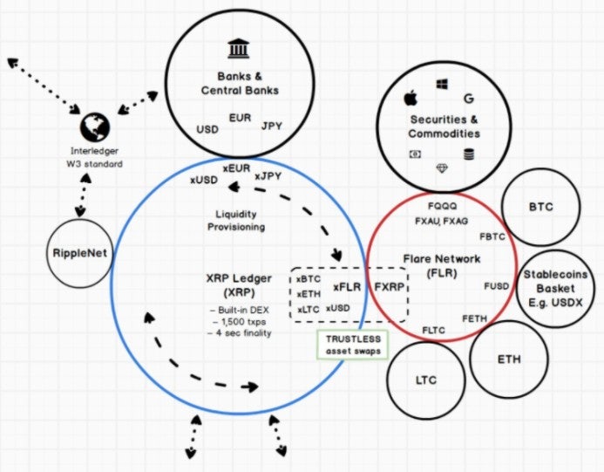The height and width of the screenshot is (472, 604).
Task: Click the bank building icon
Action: pyautogui.click(x=239, y=49)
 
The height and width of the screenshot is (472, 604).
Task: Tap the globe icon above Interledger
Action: pyautogui.click(x=95, y=127)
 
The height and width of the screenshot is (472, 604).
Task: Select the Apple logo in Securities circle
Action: pyautogui.click(x=411, y=99)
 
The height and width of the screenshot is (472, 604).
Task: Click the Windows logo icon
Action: pyautogui.click(x=442, y=84)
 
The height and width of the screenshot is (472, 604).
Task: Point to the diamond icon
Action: pyautogui.click(x=442, y=168)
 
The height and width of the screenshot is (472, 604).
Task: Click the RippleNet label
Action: pyautogui.click(x=79, y=253)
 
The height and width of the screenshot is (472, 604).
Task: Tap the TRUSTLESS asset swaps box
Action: pyautogui.click(x=352, y=345)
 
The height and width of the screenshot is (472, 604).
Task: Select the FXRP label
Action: pyautogui.click(x=390, y=287)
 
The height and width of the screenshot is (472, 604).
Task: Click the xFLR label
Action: pyautogui.click(x=347, y=287)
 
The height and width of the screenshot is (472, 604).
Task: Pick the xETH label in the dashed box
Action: pyautogui.click(x=309, y=294)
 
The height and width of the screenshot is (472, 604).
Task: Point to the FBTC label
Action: pyautogui.click(x=492, y=236)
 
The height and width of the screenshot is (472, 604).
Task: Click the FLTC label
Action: pyautogui.click(x=433, y=330)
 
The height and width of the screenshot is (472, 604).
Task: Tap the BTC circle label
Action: pyautogui.click(x=541, y=207)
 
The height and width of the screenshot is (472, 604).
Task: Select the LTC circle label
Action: pyautogui.click(x=426, y=380)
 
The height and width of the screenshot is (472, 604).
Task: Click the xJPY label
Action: pyautogui.click(x=268, y=176)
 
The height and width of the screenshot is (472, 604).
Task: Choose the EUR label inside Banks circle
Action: pyautogui.click(x=240, y=118)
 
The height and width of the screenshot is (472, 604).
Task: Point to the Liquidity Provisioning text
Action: pyautogui.click(x=236, y=220)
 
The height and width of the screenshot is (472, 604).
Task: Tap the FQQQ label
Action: pyautogui.click(x=442, y=206)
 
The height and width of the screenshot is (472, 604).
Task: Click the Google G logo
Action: pyautogui.click(x=468, y=99)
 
